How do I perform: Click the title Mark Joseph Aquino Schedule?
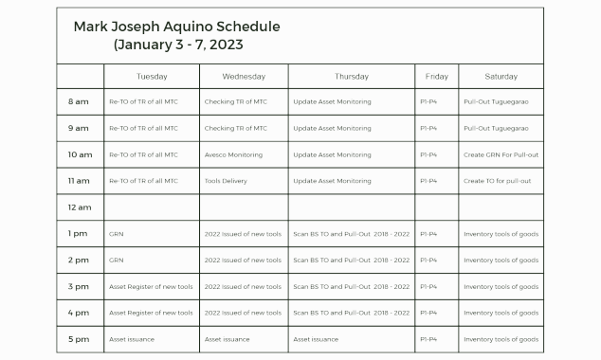click(x=176, y=27)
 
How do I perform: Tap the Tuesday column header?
click(x=152, y=76)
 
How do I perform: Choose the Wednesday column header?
click(x=244, y=76)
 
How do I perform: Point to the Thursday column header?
click(x=351, y=76)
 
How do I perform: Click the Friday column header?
click(x=437, y=76)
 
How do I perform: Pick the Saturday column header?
click(x=501, y=76)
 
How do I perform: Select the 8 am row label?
click(x=79, y=101)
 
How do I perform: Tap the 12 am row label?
click(x=79, y=207)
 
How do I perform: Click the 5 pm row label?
click(x=79, y=339)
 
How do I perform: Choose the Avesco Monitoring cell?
click(x=234, y=154)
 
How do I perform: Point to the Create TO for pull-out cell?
click(x=498, y=181)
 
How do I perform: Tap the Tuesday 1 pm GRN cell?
click(x=117, y=233)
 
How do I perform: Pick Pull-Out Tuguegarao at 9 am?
click(x=496, y=128)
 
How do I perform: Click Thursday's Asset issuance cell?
click(x=316, y=339)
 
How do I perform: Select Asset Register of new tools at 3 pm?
click(x=151, y=286)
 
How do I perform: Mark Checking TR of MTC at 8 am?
click(x=236, y=101)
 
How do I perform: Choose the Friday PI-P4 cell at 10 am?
click(x=428, y=154)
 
